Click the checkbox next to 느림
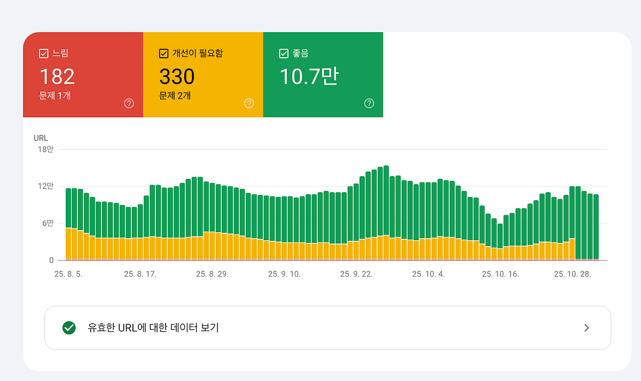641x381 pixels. coord(44,54)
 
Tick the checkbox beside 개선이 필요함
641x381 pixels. coord(164,54)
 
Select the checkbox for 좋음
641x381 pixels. coord(284,54)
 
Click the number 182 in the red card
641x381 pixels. coord(57,77)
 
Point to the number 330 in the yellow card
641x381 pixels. coord(177,77)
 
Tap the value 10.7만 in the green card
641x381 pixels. coord(309,77)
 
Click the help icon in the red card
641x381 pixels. coord(129,103)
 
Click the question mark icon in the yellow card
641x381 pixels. coord(249,103)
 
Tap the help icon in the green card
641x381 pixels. coord(369,103)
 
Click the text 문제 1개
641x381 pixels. coord(55,96)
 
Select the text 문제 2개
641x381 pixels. coord(175,96)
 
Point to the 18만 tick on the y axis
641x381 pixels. coord(46,149)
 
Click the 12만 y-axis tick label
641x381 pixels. coord(46,186)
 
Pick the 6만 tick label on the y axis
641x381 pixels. coord(48,223)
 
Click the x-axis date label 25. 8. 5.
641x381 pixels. coord(68,274)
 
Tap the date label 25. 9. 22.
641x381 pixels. coord(356,274)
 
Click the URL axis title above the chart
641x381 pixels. coord(41,138)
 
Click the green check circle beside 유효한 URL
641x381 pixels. coord(69,327)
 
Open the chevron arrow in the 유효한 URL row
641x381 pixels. coord(587,327)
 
